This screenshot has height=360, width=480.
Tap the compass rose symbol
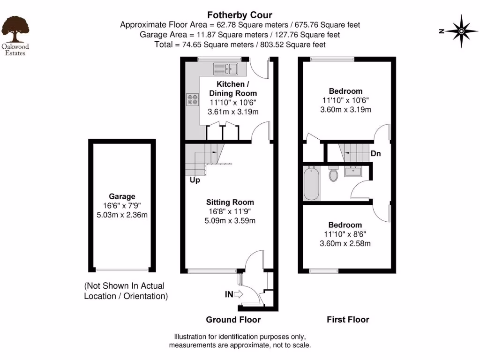[x=461, y=31]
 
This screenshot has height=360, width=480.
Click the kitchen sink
[x=226, y=69]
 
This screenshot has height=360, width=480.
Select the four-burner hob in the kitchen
[x=193, y=99]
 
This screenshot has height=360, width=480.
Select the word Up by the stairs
[x=195, y=180]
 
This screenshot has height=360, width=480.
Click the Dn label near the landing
[x=375, y=153]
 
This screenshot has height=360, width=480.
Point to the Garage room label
[x=122, y=196]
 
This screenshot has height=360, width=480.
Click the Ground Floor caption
[x=233, y=320]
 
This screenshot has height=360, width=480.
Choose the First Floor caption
[x=348, y=320]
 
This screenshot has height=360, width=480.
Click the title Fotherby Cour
[x=240, y=15]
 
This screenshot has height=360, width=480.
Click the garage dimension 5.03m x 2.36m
[x=122, y=215]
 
